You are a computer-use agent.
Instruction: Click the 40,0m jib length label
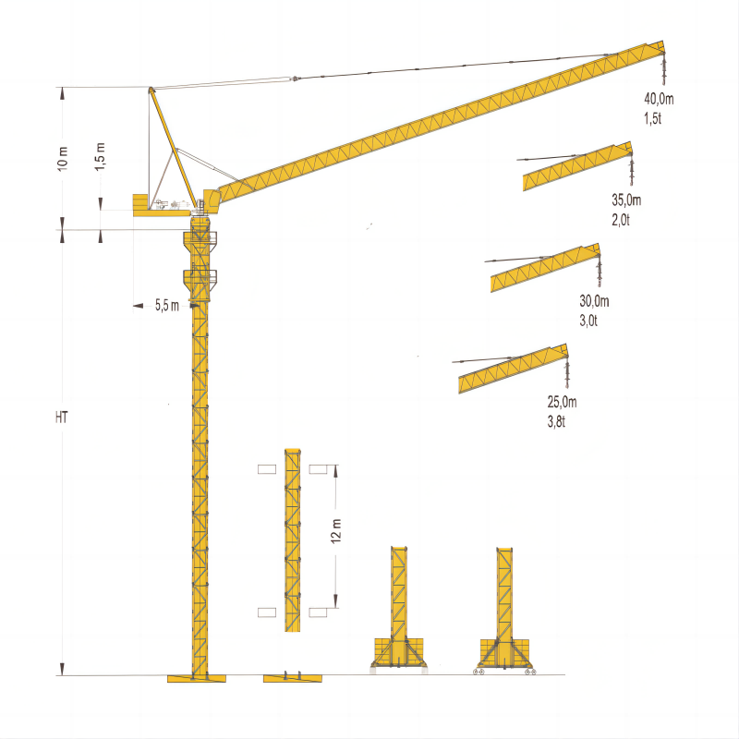(x=659, y=99)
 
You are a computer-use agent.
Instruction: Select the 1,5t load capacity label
(x=653, y=118)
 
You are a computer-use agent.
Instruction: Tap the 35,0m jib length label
(x=626, y=200)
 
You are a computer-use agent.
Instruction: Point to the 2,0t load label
(x=621, y=220)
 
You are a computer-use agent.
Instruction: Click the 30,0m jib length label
(x=594, y=301)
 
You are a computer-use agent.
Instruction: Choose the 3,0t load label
(x=588, y=321)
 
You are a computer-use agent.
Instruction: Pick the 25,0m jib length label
(x=563, y=402)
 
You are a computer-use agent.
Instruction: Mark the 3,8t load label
(x=556, y=421)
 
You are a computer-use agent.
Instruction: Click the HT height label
(x=61, y=418)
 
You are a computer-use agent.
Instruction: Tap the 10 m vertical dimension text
(x=63, y=158)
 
